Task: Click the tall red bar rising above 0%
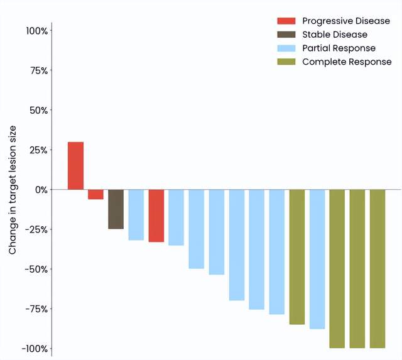(x=75, y=165)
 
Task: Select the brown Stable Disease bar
(x=116, y=209)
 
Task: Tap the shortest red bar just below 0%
(x=95, y=194)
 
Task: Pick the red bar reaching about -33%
(x=156, y=215)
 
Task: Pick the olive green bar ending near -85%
(x=296, y=257)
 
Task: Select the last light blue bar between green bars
(x=317, y=259)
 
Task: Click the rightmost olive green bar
(x=377, y=268)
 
